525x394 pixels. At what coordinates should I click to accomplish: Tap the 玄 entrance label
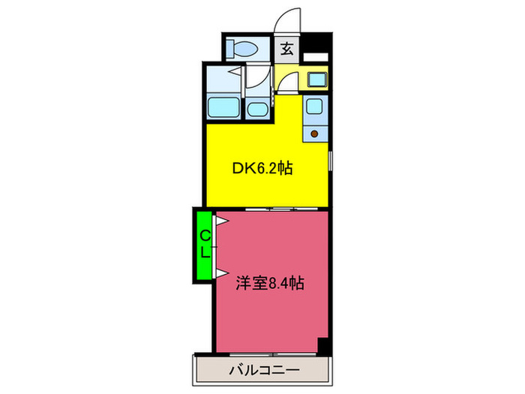pyautogui.click(x=287, y=50)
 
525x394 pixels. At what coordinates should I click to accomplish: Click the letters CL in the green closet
pyautogui.click(x=204, y=245)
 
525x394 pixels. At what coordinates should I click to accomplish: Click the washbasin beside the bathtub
pyautogui.click(x=256, y=110)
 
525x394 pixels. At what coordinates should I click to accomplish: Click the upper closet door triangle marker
pyautogui.click(x=221, y=221)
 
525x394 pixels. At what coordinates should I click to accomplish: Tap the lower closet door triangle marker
pyautogui.click(x=221, y=272)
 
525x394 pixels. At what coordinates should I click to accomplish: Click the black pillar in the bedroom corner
pyautogui.click(x=323, y=346)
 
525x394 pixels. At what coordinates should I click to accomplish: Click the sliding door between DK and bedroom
pyautogui.click(x=271, y=208)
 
